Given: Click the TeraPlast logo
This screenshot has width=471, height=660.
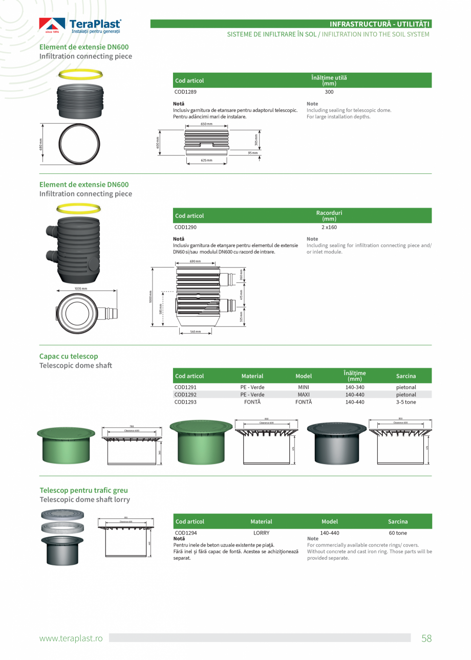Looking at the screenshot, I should point(80,26).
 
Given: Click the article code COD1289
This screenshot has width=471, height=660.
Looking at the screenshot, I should point(185,92).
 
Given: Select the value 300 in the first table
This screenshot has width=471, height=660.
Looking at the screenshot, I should point(329,92).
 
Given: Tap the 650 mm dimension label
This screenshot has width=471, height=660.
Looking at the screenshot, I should point(206,124).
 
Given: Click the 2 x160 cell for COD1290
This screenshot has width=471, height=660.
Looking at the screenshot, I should point(329,227).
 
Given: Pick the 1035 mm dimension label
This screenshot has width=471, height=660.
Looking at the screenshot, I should point(81,289).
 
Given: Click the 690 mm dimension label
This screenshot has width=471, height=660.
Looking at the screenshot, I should point(195,261).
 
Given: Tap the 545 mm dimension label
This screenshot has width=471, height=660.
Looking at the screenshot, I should point(195,332).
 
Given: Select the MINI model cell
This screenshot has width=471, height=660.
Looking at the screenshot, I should point(304,387).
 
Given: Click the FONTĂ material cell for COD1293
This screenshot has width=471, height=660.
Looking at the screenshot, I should point(252,402).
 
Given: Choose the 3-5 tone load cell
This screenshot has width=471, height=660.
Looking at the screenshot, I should point(406,402).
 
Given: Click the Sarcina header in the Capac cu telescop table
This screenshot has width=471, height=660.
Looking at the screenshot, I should point(406,376).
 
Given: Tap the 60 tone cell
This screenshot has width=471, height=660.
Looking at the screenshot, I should point(398,533).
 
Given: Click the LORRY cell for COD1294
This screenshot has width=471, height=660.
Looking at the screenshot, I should point(261,533).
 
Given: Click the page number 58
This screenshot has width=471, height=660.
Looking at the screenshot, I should point(426,638).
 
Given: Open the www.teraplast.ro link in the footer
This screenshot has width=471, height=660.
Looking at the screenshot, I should point(71,638).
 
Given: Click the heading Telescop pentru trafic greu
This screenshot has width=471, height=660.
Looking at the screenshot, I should point(83,490).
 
